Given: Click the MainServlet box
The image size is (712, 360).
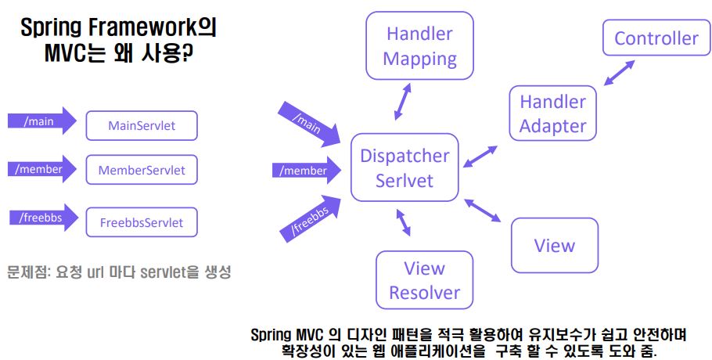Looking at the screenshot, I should [142, 125].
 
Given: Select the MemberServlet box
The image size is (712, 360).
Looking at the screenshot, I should [142, 169].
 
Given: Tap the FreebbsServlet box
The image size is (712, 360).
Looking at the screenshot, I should [142, 222].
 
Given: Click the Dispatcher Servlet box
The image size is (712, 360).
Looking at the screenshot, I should [404, 167].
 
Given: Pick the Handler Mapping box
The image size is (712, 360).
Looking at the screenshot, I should [419, 46].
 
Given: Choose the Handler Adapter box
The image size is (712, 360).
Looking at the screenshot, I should [552, 113].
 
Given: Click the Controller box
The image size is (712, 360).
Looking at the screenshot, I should [656, 38].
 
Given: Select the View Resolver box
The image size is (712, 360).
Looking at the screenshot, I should [424, 280].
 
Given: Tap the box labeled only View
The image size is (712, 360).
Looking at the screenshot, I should [554, 246].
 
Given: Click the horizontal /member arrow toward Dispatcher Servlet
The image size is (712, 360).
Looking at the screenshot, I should [304, 171].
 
